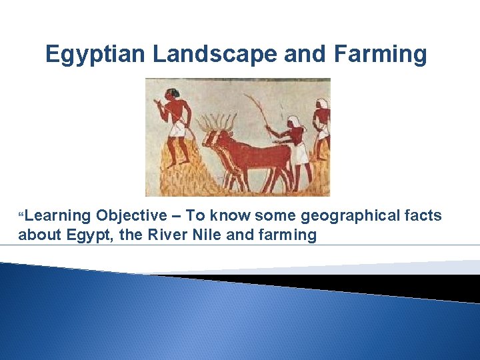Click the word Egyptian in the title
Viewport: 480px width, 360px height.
(x=96, y=54)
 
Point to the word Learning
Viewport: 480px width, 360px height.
(x=58, y=215)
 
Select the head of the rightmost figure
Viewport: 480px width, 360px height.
(x=323, y=105)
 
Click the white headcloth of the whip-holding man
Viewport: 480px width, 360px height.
(x=293, y=122)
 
